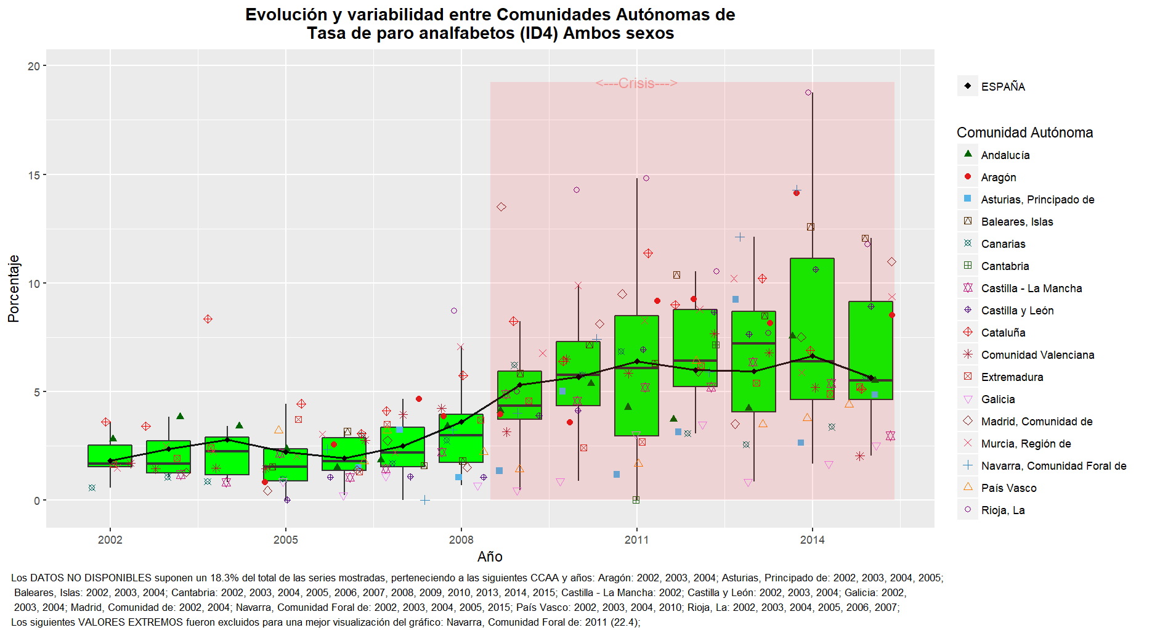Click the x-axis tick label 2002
click(x=110, y=540)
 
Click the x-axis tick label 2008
click(x=461, y=540)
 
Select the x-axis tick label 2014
click(x=812, y=540)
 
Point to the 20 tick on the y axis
click(x=33, y=66)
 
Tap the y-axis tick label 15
click(x=33, y=175)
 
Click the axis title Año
click(x=490, y=557)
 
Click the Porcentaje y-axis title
click(x=14, y=288)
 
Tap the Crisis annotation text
click(x=636, y=83)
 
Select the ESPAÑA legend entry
click(x=1003, y=87)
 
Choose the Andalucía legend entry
click(x=1005, y=155)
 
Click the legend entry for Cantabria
click(x=1005, y=266)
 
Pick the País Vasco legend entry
click(x=1008, y=488)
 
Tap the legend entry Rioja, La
click(x=1003, y=510)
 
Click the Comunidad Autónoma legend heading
click(x=1024, y=133)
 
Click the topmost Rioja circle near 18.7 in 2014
click(x=808, y=92)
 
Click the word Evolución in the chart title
click(x=286, y=15)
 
